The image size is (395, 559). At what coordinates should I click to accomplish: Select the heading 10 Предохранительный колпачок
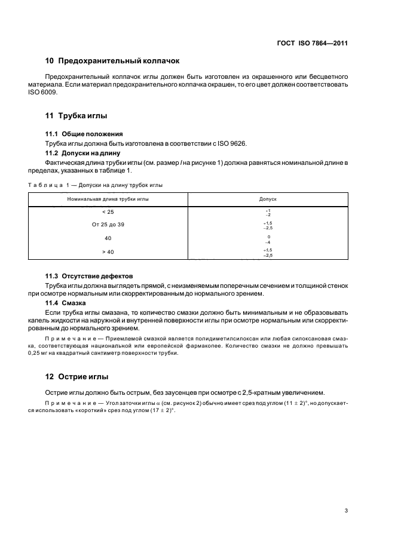(112, 61)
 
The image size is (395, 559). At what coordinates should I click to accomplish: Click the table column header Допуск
(267, 198)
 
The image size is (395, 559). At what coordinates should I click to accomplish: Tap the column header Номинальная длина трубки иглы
(108, 198)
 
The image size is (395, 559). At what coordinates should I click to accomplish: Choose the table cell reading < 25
(108, 212)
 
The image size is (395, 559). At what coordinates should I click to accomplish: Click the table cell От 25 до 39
(108, 225)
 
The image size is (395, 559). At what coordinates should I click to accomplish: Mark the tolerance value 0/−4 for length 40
(268, 239)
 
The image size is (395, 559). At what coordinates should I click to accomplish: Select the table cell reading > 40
(108, 252)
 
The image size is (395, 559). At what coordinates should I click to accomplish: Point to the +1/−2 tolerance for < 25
(268, 213)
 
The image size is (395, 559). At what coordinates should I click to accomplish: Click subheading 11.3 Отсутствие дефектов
(89, 276)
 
